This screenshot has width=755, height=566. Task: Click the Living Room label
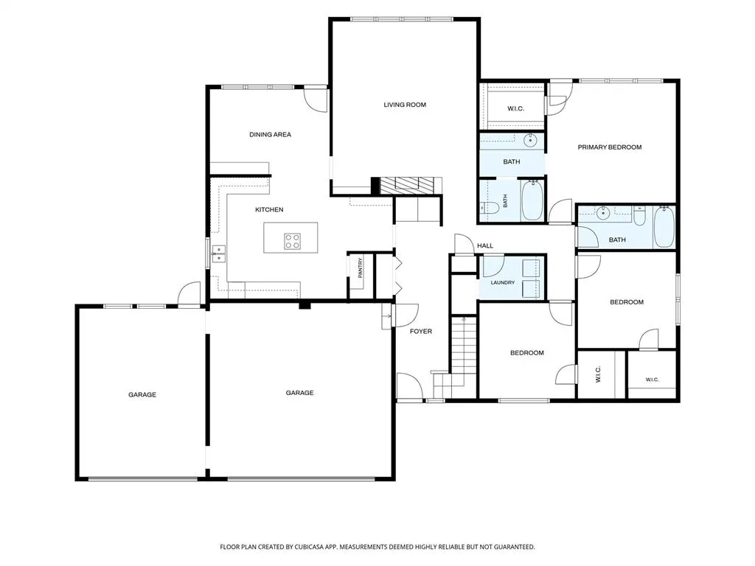(x=405, y=105)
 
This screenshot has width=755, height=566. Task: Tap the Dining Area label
(x=270, y=135)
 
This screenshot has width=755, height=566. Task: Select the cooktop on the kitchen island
(x=292, y=241)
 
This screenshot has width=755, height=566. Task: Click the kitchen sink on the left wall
(x=218, y=254)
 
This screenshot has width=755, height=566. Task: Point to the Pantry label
(x=360, y=268)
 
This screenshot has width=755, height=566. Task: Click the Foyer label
(x=421, y=331)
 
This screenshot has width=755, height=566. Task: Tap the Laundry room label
(x=503, y=282)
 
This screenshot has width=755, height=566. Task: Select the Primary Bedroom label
(x=610, y=147)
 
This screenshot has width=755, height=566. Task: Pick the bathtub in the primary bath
(x=532, y=200)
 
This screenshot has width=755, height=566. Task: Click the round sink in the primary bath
(x=531, y=141)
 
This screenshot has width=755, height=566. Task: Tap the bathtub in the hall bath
(x=664, y=227)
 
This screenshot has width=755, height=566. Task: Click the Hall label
(x=485, y=245)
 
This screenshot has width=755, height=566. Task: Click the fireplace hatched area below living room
(x=411, y=186)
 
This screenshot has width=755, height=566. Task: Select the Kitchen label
(x=269, y=210)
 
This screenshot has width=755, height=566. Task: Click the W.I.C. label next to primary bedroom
(x=515, y=109)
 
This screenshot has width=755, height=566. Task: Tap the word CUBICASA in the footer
(x=316, y=547)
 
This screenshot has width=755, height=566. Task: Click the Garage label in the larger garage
(x=299, y=393)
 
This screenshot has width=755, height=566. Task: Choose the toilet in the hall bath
(x=639, y=216)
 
